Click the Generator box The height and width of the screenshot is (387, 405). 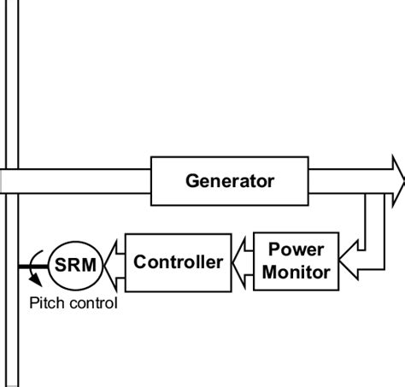pos(229,181)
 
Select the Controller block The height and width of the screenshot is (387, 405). pos(178,261)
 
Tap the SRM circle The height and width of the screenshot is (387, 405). pos(74,262)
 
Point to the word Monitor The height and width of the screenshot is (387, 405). pos(296,273)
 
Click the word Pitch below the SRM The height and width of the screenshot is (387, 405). pos(45,302)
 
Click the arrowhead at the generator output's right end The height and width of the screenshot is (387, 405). pos(397,181)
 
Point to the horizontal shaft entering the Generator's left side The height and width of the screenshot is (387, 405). pos(85,181)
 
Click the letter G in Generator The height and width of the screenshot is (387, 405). pos(192,181)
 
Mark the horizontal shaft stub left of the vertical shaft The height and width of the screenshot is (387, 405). pos(3,181)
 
